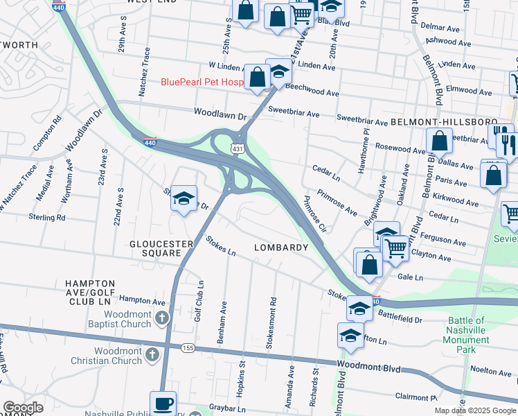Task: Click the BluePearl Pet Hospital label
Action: click(202, 82)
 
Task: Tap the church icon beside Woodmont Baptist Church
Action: click(161, 318)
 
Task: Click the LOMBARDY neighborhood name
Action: click(280, 248)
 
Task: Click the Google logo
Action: click(23, 408)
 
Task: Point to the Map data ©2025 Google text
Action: click(475, 410)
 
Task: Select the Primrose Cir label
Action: click(314, 214)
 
